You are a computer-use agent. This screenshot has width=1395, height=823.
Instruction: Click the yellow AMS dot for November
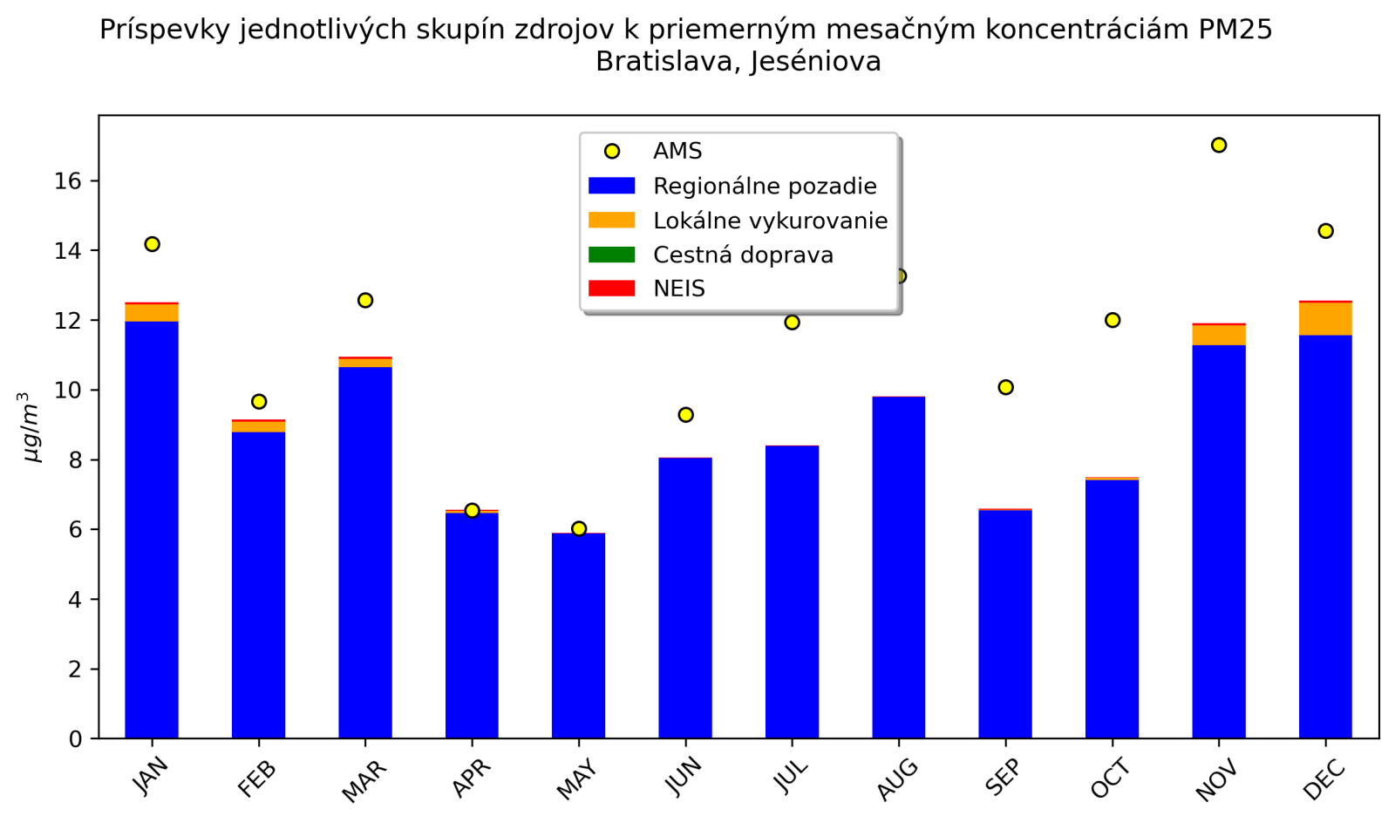(1218, 145)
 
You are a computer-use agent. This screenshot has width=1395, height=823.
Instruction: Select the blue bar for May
(578, 636)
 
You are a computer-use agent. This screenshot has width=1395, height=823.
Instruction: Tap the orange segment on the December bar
(1325, 319)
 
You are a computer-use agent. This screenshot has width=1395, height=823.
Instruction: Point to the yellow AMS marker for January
(152, 244)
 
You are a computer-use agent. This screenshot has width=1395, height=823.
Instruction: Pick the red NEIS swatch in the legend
(611, 289)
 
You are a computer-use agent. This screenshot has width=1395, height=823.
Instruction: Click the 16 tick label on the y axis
(69, 181)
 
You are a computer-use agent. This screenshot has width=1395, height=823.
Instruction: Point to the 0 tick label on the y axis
(76, 739)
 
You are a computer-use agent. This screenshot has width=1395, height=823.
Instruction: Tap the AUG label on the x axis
(898, 779)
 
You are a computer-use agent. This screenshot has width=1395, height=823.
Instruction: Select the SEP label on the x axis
(1004, 777)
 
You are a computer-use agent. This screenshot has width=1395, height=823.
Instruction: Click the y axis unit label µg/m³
(31, 427)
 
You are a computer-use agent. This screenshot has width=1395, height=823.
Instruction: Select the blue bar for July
(792, 592)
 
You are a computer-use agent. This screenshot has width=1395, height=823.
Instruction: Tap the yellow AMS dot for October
(1112, 320)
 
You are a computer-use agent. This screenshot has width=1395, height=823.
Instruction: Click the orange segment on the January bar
(152, 313)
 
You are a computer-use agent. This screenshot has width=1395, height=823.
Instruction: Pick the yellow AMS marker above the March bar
(365, 300)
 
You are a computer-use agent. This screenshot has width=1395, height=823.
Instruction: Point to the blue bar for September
(1004, 624)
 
